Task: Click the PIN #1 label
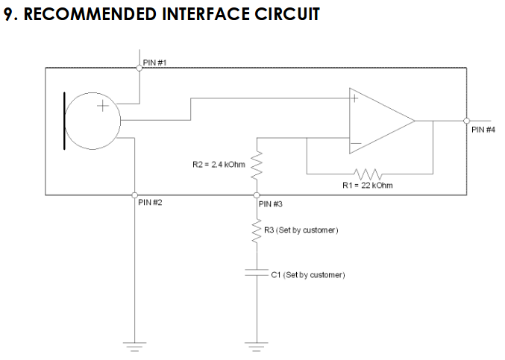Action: (154, 63)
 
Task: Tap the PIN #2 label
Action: (150, 203)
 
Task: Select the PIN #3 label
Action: (270, 203)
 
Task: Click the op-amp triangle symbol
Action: (377, 121)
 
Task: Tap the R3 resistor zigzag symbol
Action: (257, 233)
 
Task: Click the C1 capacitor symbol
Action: (257, 274)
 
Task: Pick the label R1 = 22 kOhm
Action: (367, 186)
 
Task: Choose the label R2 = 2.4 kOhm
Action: (219, 164)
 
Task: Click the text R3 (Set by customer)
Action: (301, 230)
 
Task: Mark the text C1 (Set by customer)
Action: (307, 275)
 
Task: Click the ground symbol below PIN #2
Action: (134, 344)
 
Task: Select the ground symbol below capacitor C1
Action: (257, 344)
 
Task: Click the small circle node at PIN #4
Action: (466, 121)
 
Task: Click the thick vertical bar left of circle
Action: (64, 121)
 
